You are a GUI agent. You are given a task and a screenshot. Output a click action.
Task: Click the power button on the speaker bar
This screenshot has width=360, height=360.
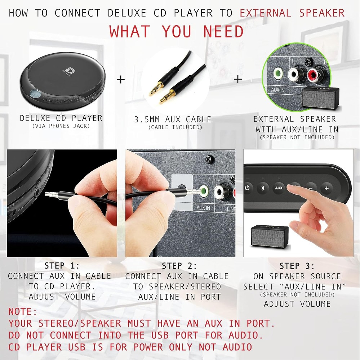tap(247, 188)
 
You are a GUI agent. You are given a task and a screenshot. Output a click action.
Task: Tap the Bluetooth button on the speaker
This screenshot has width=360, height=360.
tap(263, 188)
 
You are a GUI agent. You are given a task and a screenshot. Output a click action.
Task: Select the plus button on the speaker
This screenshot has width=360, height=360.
tap(326, 188)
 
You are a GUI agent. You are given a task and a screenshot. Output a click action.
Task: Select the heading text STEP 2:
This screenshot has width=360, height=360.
tap(179, 266)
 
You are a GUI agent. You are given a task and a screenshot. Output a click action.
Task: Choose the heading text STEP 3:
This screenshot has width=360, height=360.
tap(297, 266)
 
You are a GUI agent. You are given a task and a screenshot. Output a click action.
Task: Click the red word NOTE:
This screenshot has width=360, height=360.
tap(23, 311)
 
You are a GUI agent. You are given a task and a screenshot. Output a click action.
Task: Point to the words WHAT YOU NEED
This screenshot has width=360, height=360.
tap(177, 32)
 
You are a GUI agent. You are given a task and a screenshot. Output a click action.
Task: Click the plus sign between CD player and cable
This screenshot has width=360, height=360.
tap(121, 79)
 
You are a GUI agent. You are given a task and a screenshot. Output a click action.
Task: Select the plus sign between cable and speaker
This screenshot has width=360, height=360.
tap(238, 79)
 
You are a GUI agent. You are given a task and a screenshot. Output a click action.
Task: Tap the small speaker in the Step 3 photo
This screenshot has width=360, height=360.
tap(269, 236)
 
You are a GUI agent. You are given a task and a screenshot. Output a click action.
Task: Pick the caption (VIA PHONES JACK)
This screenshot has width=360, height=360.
tap(61, 126)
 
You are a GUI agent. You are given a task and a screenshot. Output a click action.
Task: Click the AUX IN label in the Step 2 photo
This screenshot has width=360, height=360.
tap(203, 208)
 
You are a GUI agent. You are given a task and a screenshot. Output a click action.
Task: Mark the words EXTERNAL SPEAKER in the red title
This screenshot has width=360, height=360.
tap(292, 13)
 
